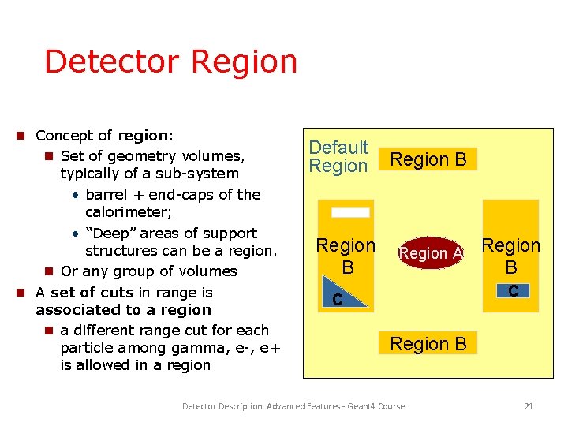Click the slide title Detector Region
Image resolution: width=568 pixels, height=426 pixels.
point(170,62)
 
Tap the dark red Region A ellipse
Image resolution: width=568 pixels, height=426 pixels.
point(431,253)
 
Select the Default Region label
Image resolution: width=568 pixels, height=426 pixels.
point(338,156)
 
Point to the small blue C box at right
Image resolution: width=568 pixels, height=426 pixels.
point(513,290)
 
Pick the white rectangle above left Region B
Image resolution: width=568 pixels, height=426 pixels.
point(350,212)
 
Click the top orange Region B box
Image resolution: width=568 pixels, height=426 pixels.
point(428,159)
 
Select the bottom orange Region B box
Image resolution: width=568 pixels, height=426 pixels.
point(428,343)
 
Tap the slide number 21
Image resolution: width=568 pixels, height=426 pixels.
point(529,406)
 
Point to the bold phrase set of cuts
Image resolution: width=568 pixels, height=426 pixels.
point(92,292)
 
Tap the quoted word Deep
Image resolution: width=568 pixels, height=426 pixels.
point(105,234)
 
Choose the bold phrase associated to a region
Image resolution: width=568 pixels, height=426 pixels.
point(124,310)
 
